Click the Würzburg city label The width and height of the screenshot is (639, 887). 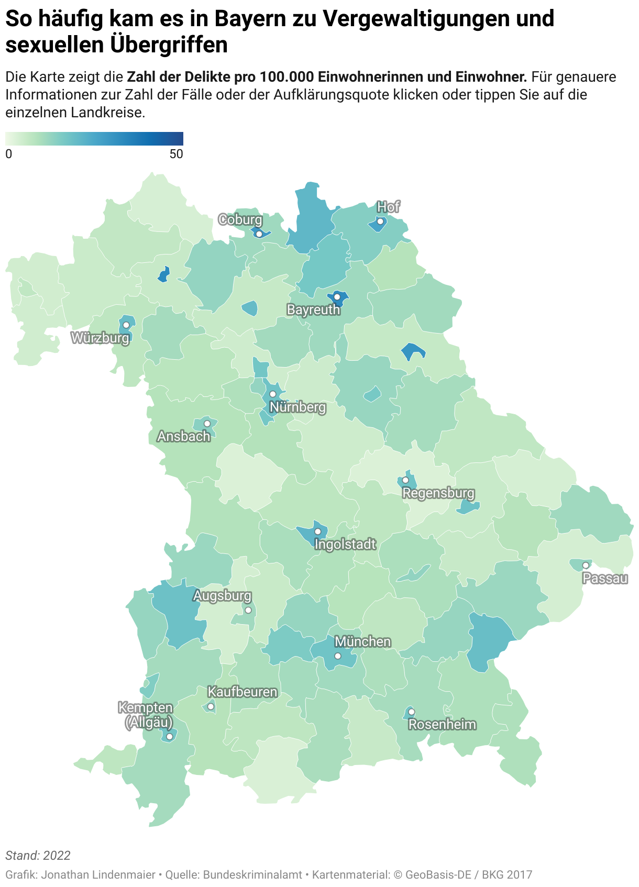[x=100, y=338]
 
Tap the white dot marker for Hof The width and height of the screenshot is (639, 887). [x=380, y=221]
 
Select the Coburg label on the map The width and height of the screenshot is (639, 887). [x=240, y=220]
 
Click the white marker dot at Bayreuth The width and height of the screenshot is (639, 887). [x=337, y=297]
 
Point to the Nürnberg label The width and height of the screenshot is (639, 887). [x=298, y=407]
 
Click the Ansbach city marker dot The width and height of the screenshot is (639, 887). [x=207, y=423]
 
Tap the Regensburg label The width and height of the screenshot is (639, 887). [x=438, y=493]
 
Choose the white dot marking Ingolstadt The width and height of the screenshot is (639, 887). [x=317, y=531]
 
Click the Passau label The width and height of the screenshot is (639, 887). [x=605, y=579]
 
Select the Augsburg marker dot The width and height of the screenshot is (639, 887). [x=248, y=610]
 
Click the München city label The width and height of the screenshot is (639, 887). [x=362, y=642]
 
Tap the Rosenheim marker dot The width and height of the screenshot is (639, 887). [x=412, y=712]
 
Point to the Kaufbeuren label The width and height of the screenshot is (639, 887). [x=243, y=692]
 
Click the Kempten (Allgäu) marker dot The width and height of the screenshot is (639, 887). [x=169, y=736]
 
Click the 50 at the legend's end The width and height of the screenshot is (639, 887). [x=177, y=154]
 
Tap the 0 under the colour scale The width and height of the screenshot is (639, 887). [x=9, y=154]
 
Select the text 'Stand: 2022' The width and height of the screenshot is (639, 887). [x=38, y=856]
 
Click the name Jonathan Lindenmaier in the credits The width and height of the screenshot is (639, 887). [x=98, y=874]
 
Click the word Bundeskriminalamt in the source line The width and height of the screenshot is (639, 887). [x=252, y=874]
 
